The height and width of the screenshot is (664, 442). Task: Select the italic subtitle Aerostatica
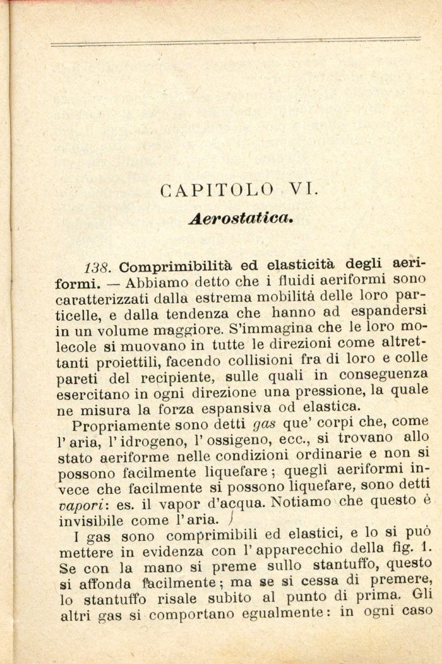click(x=242, y=218)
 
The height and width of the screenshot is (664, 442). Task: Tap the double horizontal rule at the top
click(x=235, y=42)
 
